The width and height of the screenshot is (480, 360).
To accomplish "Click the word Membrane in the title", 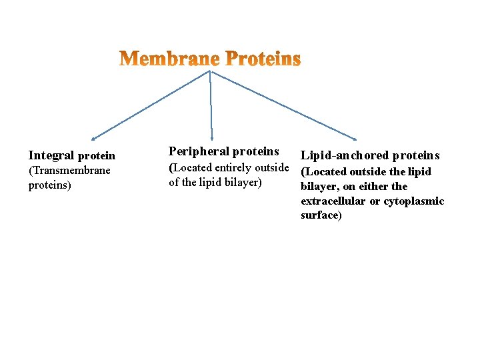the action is coord(170,59).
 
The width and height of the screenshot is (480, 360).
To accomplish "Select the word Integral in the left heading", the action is coord(51,156).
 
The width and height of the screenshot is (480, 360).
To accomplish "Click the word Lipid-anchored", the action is coord(345,156).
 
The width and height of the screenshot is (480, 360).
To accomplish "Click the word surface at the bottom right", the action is coord(320,216).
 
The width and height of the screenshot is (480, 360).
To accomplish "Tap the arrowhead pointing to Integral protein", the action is coord(93,139).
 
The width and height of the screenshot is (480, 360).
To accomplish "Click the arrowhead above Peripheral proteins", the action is coord(212,137).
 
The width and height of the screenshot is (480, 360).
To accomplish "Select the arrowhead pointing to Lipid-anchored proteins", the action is coord(355,138).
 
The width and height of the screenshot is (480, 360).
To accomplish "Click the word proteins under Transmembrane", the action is coord(49,185).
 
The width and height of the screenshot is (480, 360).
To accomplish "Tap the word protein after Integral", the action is coord(97,156).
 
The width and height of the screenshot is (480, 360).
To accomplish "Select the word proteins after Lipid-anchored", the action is coord(416,156).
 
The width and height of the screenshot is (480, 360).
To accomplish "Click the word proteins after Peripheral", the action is coord(256,152).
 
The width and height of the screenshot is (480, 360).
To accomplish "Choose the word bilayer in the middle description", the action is coord(243,183).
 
